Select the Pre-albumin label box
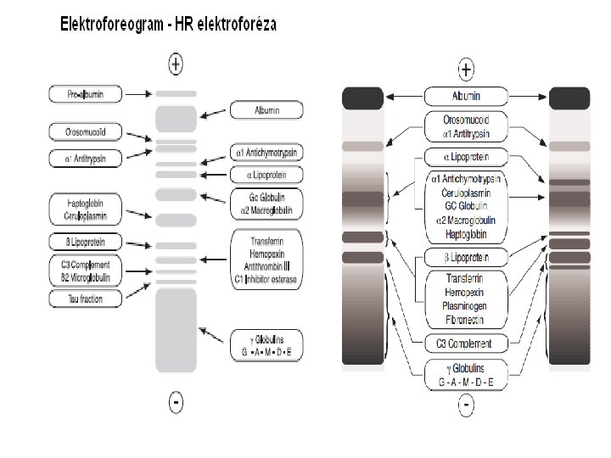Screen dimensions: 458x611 (85, 94)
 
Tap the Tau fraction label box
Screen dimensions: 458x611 (85, 298)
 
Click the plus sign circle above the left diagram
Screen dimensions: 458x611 (176, 62)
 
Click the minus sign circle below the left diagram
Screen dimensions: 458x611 (176, 402)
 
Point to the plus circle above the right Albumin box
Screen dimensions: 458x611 (466, 69)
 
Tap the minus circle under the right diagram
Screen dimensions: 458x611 (466, 407)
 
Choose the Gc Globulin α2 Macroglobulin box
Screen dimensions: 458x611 (266, 204)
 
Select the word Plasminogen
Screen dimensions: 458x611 (465, 307)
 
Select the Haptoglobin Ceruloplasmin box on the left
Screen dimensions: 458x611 (85, 209)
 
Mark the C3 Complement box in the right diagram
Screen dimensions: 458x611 (465, 343)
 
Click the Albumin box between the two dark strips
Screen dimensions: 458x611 (465, 97)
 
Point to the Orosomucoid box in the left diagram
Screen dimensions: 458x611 (85, 131)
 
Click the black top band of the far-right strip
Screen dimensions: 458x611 (569, 98)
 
